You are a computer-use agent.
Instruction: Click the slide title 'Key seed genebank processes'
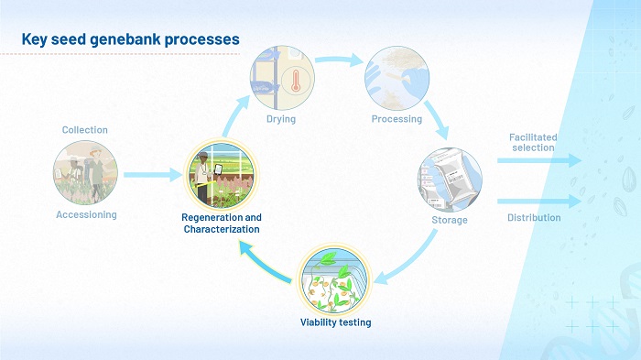point(130,39)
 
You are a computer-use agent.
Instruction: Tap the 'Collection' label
point(85,130)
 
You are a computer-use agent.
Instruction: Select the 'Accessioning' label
point(85,214)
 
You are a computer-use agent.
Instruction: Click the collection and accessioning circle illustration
point(85,172)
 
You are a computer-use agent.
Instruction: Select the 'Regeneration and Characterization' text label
point(222,223)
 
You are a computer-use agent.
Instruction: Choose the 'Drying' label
point(281,119)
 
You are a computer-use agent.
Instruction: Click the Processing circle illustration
point(397,79)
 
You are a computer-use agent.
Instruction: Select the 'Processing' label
point(397,119)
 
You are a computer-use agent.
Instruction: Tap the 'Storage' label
point(450,220)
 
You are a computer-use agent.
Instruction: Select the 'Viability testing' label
point(335,322)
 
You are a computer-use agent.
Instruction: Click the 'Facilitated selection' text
point(533,142)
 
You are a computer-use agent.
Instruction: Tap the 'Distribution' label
point(534,218)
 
